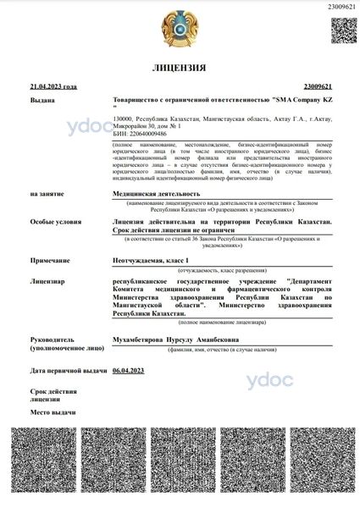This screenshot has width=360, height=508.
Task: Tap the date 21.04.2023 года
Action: click(53, 86)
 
